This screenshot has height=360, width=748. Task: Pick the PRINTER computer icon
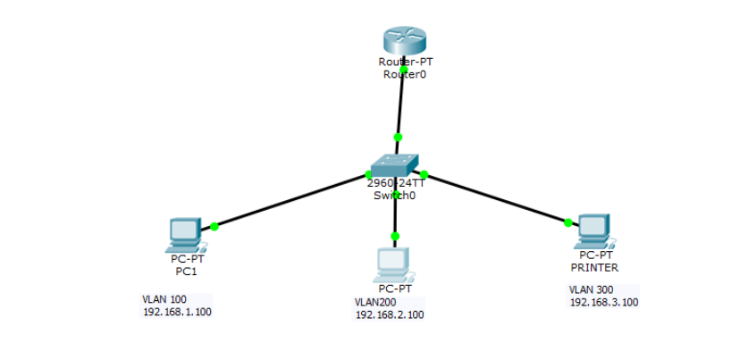pyautogui.click(x=593, y=230)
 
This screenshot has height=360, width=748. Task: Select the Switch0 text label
pyautogui.click(x=394, y=195)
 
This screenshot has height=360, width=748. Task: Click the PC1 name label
pyautogui.click(x=185, y=270)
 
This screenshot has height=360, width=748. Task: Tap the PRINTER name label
pyautogui.click(x=594, y=267)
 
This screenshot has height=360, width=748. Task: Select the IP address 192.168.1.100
pyautogui.click(x=177, y=312)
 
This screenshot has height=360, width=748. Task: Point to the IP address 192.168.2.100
pyautogui.click(x=390, y=314)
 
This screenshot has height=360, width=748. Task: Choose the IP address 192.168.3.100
pyautogui.click(x=604, y=303)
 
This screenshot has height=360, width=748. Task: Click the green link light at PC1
pyautogui.click(x=214, y=226)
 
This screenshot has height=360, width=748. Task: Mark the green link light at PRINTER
pyautogui.click(x=568, y=222)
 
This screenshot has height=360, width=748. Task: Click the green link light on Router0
pyautogui.click(x=404, y=69)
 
